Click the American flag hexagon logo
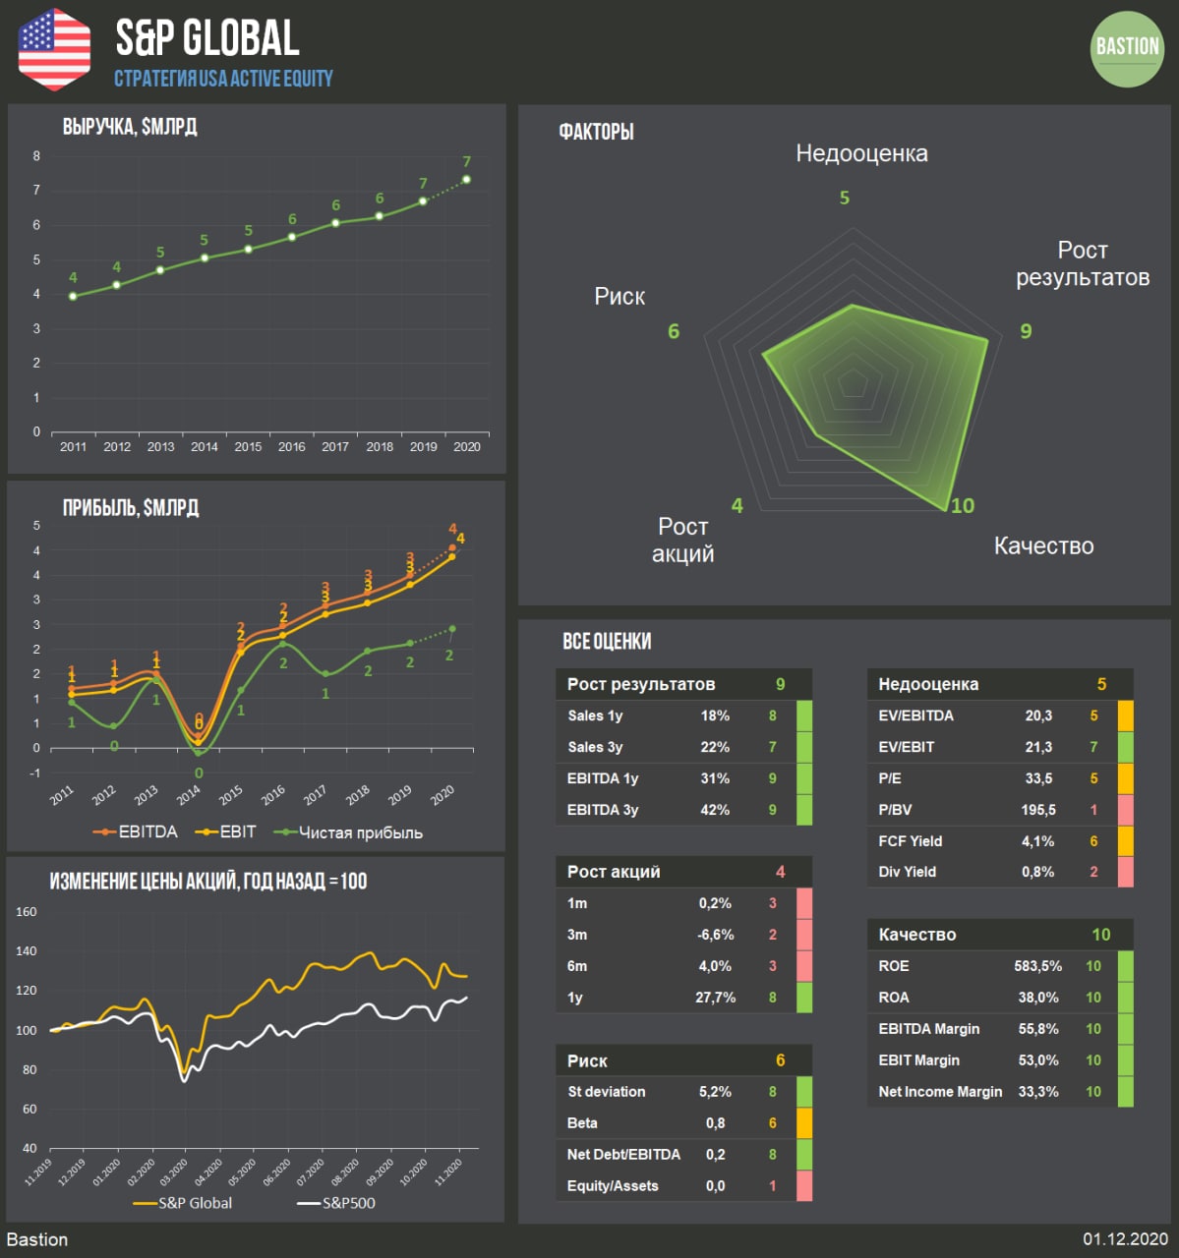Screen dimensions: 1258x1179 click(54, 48)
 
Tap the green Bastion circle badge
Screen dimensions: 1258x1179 click(1127, 49)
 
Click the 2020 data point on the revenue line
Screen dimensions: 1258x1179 click(466, 180)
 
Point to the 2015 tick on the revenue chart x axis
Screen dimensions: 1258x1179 click(248, 446)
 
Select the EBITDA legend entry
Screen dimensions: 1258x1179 click(137, 832)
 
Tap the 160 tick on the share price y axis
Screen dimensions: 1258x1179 click(27, 912)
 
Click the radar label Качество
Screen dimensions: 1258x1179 click(1043, 546)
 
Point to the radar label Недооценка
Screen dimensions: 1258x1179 click(861, 153)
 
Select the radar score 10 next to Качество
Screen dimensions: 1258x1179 click(962, 505)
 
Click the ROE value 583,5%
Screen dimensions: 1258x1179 click(1038, 966)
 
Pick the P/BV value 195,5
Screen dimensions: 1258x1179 click(1038, 810)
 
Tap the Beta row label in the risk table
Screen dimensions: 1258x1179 click(582, 1123)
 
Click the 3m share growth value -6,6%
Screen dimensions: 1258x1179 click(715, 935)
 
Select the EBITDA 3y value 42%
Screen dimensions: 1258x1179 click(715, 810)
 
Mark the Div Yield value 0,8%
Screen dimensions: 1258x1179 click(1038, 872)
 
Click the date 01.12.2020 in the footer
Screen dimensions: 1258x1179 click(1125, 1239)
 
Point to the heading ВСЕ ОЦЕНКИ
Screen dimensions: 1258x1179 click(607, 642)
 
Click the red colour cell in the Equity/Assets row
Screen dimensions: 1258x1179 click(803, 1186)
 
